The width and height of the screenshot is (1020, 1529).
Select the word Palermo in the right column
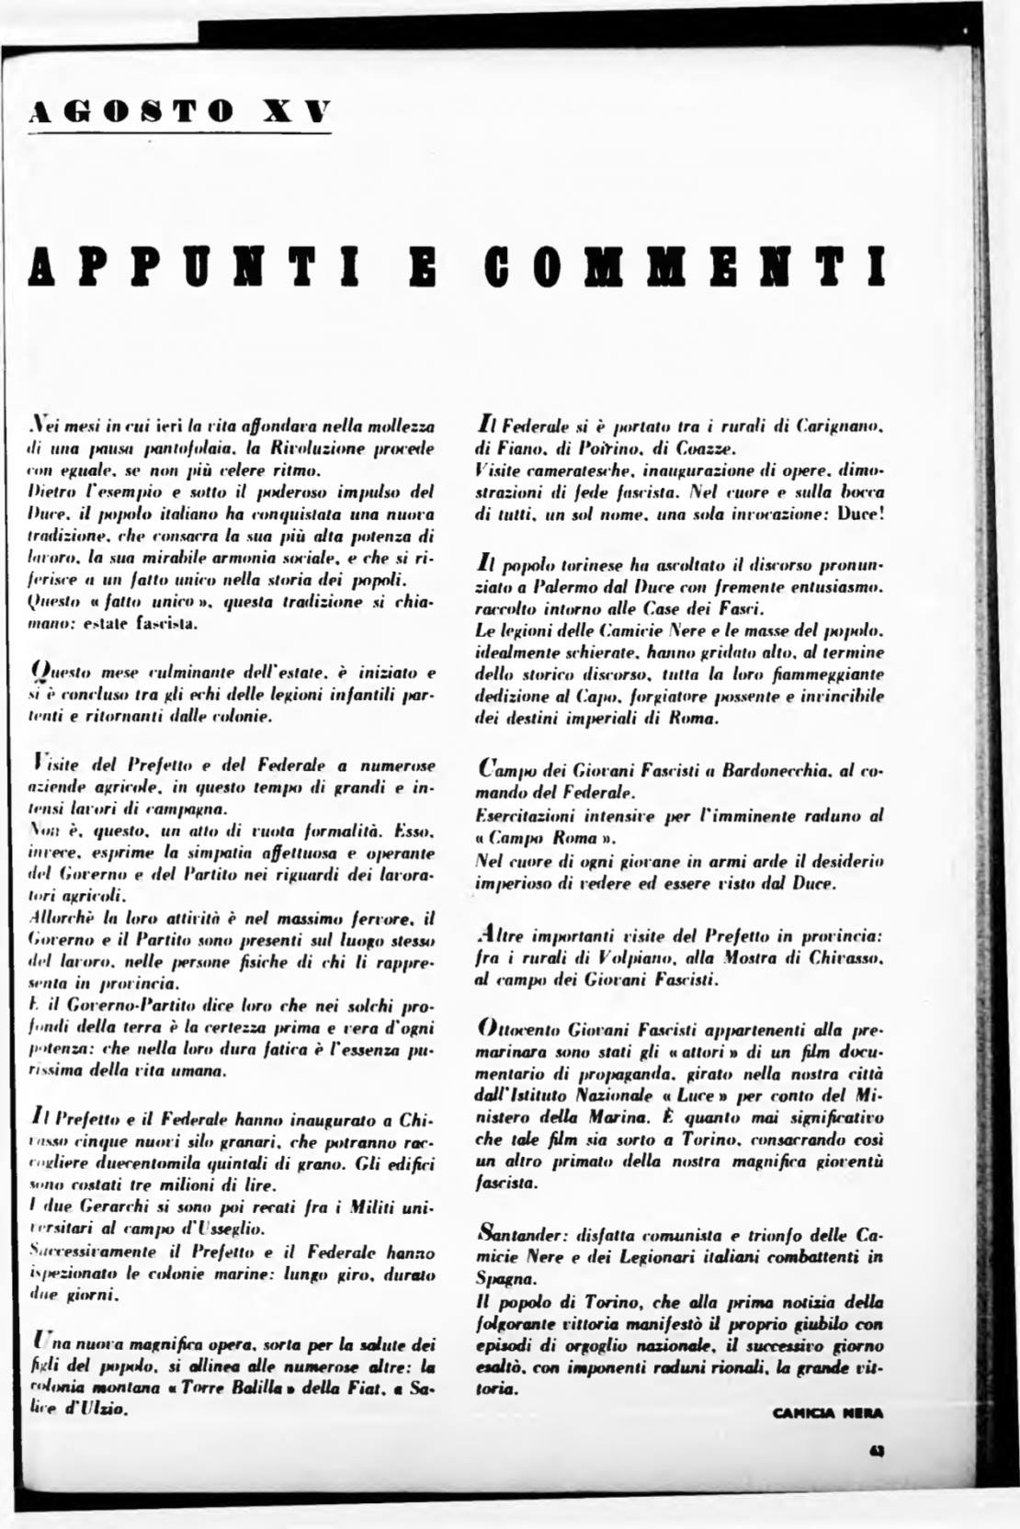pyautogui.click(x=536, y=586)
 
